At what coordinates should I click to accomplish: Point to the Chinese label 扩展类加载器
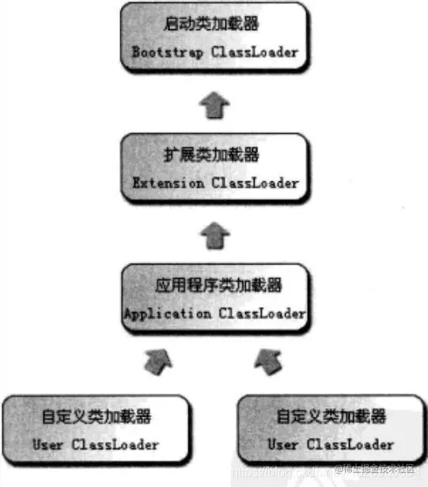(x=214, y=154)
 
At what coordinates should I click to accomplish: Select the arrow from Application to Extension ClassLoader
(x=214, y=235)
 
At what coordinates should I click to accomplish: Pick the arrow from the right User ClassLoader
(x=269, y=362)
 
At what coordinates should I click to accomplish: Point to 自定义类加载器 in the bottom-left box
(x=96, y=417)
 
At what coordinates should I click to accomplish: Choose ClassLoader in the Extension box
(x=255, y=183)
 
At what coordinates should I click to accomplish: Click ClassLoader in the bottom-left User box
(x=115, y=444)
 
